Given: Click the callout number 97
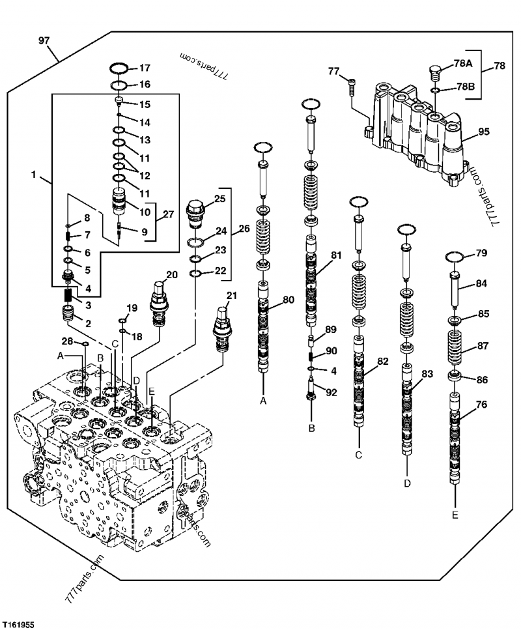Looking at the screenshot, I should (x=44, y=40).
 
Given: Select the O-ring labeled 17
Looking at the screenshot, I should (x=119, y=68).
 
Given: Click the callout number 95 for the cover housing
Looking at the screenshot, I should (x=483, y=132).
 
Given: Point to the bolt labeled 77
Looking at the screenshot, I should (x=352, y=82).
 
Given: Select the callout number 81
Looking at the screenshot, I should (x=335, y=255).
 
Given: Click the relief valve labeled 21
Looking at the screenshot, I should (x=221, y=330).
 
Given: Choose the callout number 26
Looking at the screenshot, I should (x=244, y=229).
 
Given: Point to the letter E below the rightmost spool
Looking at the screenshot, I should (x=455, y=515).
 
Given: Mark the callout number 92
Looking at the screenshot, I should (x=331, y=393).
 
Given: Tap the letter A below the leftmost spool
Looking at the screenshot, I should (x=263, y=401).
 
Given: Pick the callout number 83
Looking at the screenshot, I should (x=427, y=374).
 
